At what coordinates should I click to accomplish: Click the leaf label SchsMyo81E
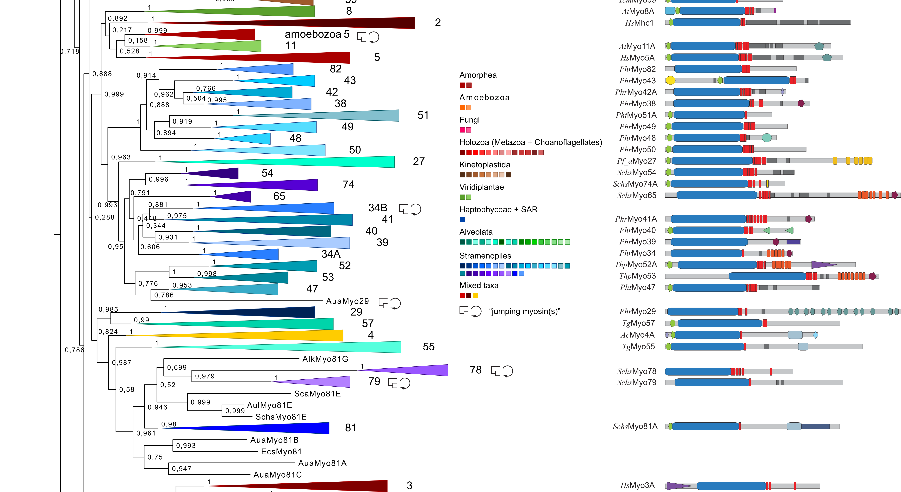[x=281, y=417]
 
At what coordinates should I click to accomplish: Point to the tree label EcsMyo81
[x=281, y=451]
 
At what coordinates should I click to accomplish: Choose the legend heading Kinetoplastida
[x=485, y=165]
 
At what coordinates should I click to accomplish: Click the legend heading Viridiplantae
[x=482, y=187]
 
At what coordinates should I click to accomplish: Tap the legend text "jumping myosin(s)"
[x=525, y=311]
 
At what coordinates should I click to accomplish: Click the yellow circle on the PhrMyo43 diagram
[x=670, y=80]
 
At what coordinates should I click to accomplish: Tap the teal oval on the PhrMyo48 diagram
[x=766, y=138]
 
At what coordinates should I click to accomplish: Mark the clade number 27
[x=419, y=161]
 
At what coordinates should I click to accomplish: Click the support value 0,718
[x=70, y=51]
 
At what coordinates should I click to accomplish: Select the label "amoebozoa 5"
[x=317, y=34]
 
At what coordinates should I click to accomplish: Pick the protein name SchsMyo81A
[x=635, y=426]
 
